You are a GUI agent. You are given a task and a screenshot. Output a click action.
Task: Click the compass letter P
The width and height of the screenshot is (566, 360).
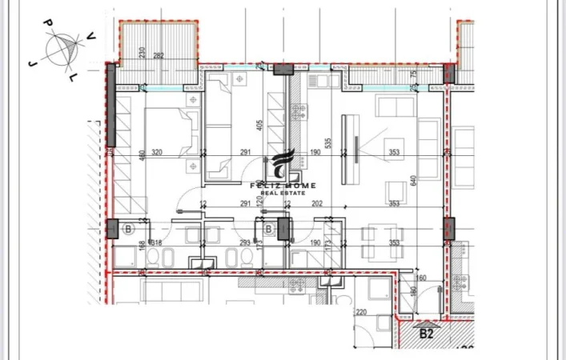click(48, 23)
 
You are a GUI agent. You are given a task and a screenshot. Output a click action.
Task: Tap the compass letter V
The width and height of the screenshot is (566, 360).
click(92, 35)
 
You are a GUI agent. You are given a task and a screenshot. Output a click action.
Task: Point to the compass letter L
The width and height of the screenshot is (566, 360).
click(73, 77)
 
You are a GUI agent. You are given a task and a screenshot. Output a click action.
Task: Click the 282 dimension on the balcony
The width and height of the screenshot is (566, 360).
click(159, 55)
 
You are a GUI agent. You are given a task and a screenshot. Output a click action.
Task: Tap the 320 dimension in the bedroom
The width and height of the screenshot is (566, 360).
click(157, 152)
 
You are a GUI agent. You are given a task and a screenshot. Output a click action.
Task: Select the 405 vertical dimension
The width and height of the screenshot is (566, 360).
click(261, 126)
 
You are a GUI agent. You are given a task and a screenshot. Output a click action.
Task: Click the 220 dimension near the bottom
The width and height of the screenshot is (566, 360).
click(361, 313)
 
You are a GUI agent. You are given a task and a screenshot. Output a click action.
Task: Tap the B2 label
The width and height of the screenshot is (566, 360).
click(427, 333)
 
